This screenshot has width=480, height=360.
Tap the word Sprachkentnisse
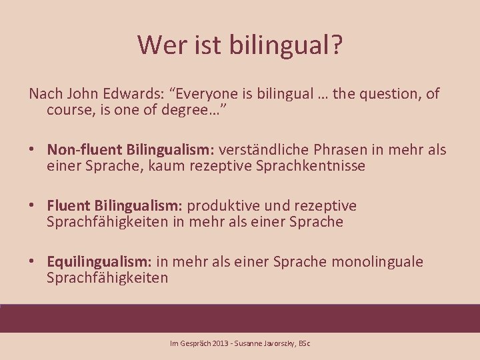pyautogui.click(x=311, y=166)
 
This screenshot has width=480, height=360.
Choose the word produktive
pyautogui.click(x=223, y=206)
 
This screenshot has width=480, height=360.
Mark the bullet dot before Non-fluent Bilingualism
pyautogui.click(x=33, y=151)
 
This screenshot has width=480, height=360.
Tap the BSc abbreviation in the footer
pyautogui.click(x=304, y=343)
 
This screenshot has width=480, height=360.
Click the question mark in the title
pyautogui.click(x=335, y=45)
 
